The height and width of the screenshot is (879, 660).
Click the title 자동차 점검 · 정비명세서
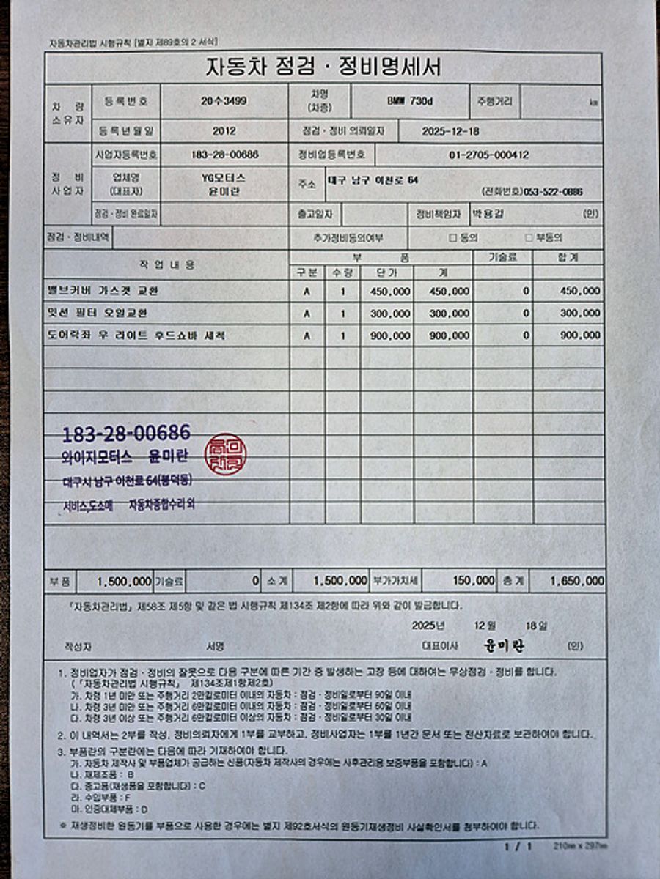point(323,68)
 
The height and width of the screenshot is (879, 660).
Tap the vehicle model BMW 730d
point(409,102)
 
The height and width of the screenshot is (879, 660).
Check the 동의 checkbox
point(453,238)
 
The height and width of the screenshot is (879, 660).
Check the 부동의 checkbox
point(529,238)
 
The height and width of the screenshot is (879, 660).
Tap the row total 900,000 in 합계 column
point(580,335)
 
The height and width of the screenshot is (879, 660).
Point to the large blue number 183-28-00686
point(127,433)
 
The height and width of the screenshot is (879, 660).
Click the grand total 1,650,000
point(577,581)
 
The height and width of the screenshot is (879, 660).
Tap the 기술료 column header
point(502,257)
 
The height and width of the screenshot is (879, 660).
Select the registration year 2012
point(224,132)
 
